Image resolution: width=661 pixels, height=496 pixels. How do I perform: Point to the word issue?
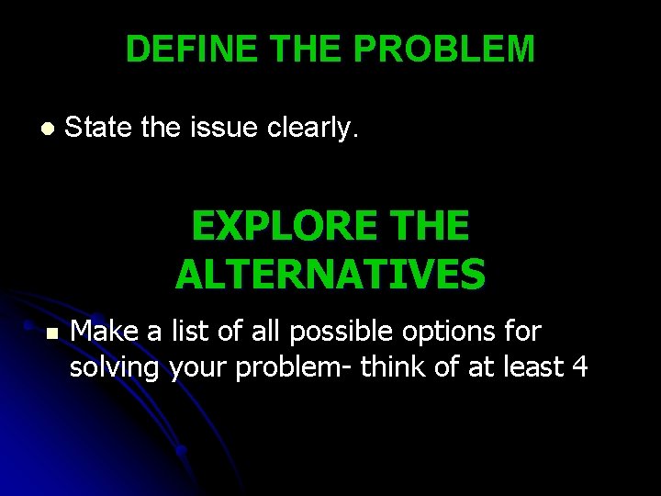click(224, 129)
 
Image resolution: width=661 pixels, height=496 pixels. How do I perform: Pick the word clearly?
click(312, 129)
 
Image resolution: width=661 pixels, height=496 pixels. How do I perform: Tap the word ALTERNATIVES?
click(330, 275)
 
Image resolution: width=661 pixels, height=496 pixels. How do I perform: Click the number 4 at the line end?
click(579, 366)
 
